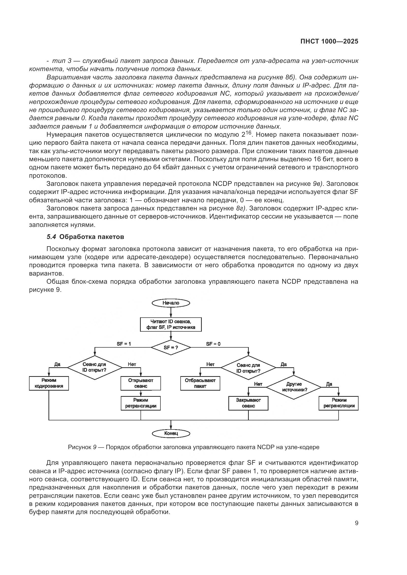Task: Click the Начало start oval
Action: tap(171, 303)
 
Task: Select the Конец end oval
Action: tap(171, 433)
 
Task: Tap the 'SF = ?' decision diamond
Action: tap(171, 347)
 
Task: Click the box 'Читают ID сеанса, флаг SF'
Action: tap(171, 324)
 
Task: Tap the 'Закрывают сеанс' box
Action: tap(248, 403)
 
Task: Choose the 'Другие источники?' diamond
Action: tap(294, 387)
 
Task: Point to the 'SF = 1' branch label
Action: tap(124, 344)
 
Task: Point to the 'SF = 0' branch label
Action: tap(213, 344)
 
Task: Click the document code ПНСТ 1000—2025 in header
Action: tap(329, 42)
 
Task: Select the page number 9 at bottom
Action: tap(356, 523)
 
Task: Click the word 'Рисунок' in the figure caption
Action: tap(79, 447)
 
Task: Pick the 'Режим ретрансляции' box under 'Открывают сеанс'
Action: tap(141, 403)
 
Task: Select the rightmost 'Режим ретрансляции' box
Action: tap(338, 403)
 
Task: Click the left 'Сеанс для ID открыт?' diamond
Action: tap(94, 367)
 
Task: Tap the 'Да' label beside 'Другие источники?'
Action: tap(329, 384)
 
